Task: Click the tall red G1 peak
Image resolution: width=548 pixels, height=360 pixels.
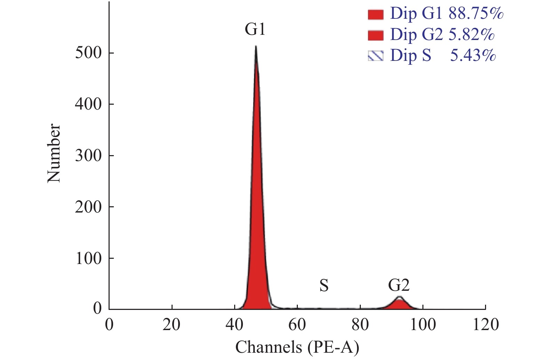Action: point(257,209)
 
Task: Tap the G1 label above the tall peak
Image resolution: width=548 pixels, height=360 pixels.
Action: point(255,29)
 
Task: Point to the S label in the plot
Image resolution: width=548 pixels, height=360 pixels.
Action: point(324,286)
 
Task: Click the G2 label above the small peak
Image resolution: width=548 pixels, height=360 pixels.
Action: point(399,286)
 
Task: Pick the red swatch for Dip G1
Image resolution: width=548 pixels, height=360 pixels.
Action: point(375,15)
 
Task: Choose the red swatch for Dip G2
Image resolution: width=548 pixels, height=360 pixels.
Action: point(375,35)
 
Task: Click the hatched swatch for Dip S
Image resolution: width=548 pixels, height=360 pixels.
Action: point(375,56)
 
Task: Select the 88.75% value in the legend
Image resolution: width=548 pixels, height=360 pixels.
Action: point(476,14)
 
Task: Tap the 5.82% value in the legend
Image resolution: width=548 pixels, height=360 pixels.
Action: point(471,34)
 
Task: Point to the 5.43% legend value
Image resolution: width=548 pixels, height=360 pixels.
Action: point(473,55)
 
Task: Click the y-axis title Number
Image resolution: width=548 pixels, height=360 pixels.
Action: point(54,153)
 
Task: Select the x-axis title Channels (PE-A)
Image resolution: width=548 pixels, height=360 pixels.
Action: point(297,347)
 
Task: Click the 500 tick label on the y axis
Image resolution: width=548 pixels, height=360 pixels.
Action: point(88,53)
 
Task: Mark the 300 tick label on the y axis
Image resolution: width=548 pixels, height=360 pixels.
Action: point(88,155)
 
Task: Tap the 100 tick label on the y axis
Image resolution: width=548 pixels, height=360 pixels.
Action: point(88,258)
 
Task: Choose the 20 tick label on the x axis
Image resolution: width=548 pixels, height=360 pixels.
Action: point(172,325)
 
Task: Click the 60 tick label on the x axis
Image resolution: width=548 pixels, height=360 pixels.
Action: point(297,325)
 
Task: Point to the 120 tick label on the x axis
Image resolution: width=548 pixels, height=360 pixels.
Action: point(485,325)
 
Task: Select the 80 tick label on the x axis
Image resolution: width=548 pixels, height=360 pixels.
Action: point(360,325)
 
